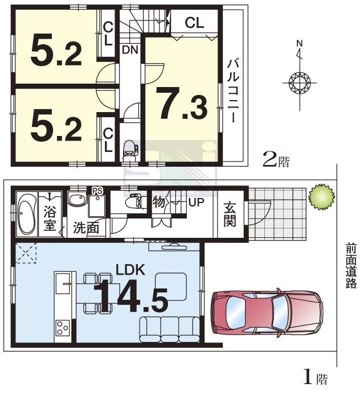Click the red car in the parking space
click(x=268, y=313)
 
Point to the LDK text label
click(x=130, y=270)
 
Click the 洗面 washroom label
click(x=86, y=228)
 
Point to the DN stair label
click(x=130, y=50)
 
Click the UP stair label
click(x=196, y=202)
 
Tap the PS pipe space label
click(x=97, y=191)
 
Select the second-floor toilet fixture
click(x=130, y=150)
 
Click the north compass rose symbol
click(x=300, y=82)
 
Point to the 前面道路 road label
click(x=351, y=266)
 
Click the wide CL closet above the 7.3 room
click(x=194, y=23)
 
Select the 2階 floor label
click(x=276, y=160)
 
